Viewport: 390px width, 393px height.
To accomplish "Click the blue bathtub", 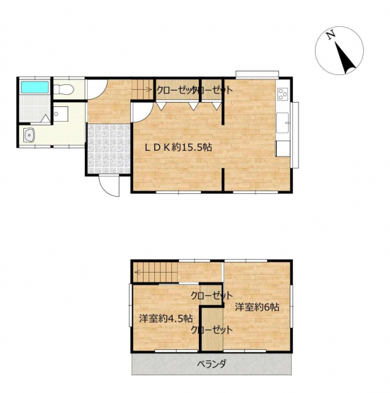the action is [x=35, y=87].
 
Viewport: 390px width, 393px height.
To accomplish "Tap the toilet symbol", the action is [x=64, y=89].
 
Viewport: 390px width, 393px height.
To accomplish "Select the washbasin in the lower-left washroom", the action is [x=29, y=135].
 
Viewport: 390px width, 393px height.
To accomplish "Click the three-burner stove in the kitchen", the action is [x=283, y=94].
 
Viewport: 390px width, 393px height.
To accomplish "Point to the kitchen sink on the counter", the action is [x=282, y=123].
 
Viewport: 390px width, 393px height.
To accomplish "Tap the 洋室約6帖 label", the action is [x=257, y=307].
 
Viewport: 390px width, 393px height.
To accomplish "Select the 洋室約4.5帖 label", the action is [x=166, y=319].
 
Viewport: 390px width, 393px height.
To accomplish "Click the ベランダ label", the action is [x=212, y=363].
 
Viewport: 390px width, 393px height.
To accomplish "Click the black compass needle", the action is [x=345, y=57].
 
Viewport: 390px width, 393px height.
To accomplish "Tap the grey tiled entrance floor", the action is [x=109, y=149].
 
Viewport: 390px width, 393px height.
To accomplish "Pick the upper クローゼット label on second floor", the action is [x=212, y=296].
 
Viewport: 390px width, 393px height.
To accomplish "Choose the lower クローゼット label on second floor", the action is [x=212, y=329].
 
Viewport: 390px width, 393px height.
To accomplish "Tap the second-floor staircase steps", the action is [x=155, y=272].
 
